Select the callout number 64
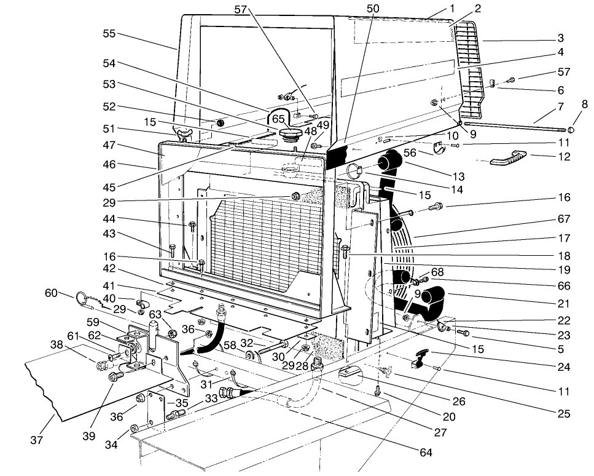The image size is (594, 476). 426,453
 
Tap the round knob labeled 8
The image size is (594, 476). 571,130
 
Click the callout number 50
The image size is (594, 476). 373,8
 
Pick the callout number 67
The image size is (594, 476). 564,219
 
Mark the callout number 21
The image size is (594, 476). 564,304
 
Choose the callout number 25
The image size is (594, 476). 564,415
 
